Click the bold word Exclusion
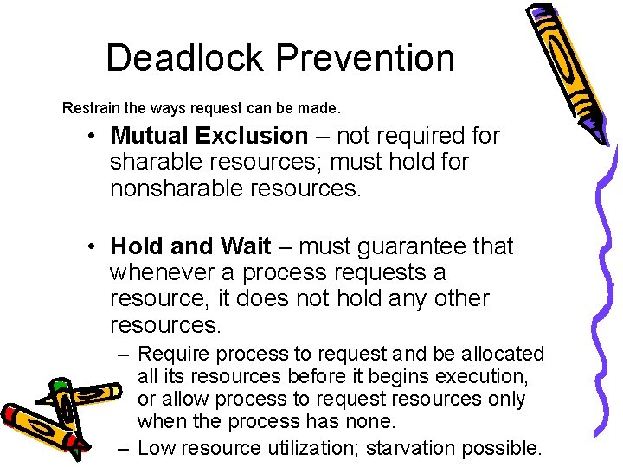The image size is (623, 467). coord(252,136)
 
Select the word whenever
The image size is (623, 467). coord(161,272)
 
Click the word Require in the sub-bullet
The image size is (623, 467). coord(174,354)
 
